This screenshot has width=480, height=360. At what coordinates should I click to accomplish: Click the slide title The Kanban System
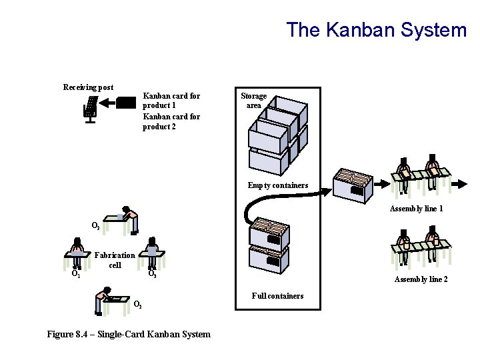point(377,30)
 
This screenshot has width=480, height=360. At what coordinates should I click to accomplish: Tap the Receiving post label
point(88,87)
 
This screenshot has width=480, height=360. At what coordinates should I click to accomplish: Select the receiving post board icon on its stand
point(89,109)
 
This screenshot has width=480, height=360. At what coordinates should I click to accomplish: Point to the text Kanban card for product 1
point(171,101)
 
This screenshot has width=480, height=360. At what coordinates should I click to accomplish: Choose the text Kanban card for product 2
point(171,121)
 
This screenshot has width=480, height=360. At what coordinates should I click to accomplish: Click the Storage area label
point(253,101)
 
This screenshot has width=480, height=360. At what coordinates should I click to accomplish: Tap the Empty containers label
point(278,185)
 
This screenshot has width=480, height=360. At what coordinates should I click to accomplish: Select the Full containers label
point(277,295)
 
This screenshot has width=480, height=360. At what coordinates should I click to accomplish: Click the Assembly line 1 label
point(416,209)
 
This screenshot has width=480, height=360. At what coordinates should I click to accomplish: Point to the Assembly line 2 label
point(421,279)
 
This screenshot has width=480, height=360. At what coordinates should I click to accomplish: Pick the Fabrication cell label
point(115,260)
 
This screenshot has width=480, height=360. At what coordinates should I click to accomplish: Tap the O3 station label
point(152,273)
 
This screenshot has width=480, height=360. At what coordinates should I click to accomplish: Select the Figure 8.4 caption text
point(129,334)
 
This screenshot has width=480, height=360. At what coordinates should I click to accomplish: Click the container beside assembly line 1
point(352,185)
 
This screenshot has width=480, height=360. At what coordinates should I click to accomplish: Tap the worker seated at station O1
point(77,250)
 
